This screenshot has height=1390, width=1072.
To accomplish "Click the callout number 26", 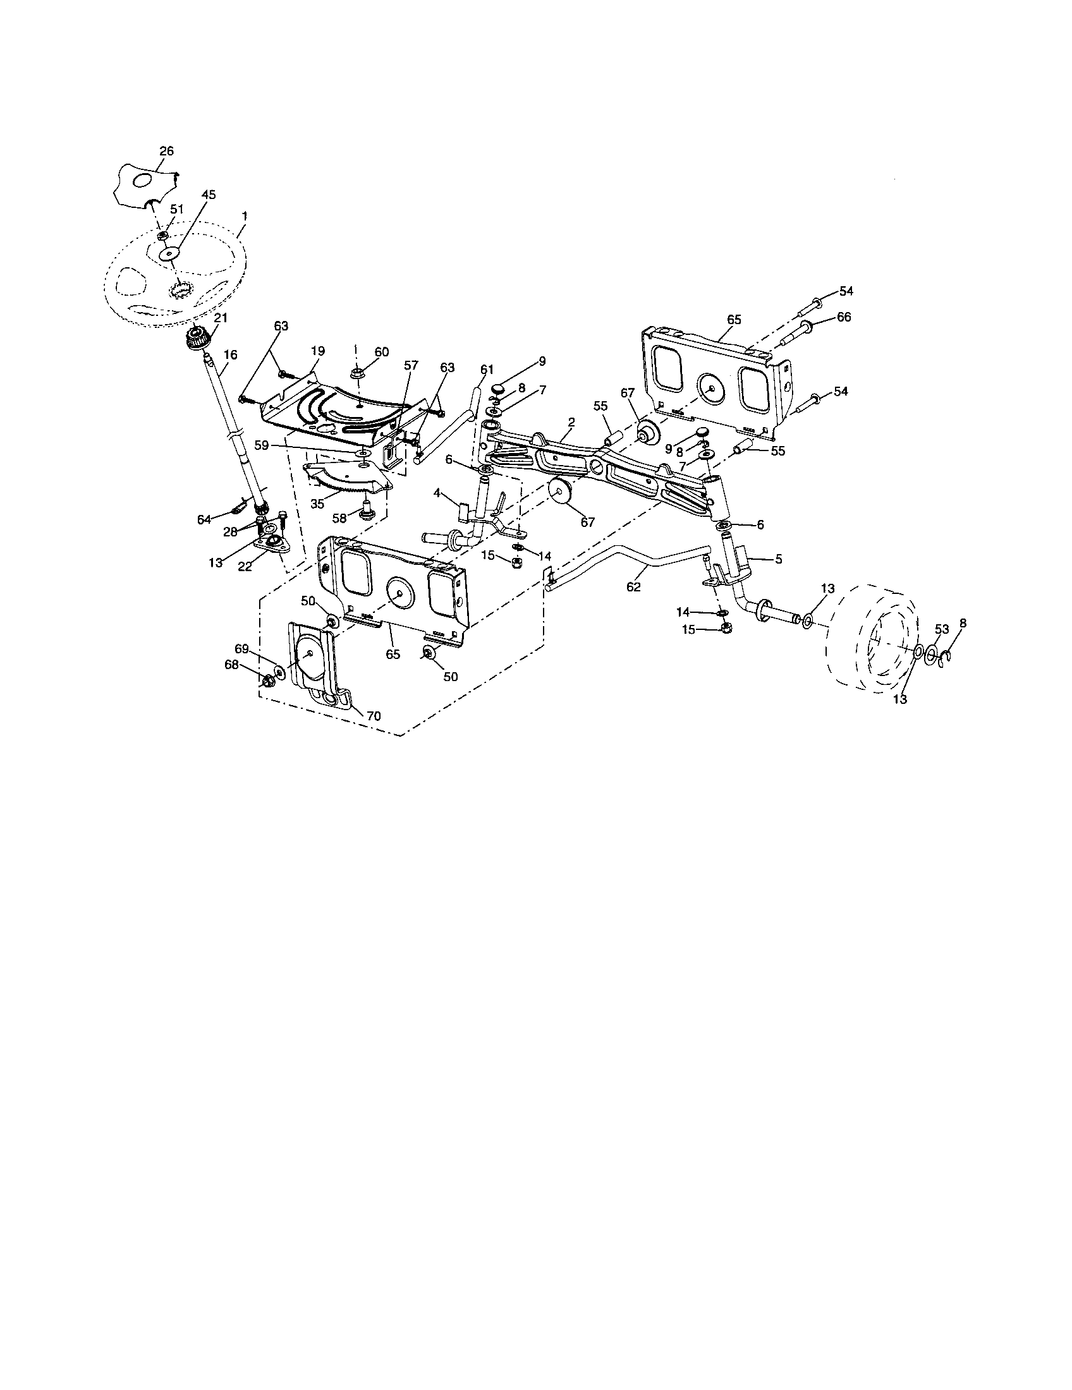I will click(166, 152).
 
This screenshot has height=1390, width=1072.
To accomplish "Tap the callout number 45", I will click(209, 195).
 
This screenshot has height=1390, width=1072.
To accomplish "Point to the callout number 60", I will click(381, 352).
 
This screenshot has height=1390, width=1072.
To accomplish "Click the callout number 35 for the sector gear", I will click(317, 503).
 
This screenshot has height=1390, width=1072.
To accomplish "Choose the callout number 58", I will click(339, 519).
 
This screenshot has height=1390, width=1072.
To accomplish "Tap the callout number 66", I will click(843, 317).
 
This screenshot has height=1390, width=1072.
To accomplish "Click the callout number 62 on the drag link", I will click(633, 587).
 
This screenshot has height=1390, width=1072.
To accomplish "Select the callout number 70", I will click(374, 716).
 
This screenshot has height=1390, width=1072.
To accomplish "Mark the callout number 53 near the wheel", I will click(942, 629).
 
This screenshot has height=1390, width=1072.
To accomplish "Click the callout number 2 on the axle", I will click(571, 422).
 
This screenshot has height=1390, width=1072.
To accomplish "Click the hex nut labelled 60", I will click(356, 370).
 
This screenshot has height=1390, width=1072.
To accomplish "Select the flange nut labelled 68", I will click(267, 680).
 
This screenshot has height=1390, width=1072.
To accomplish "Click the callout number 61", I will click(487, 369).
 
